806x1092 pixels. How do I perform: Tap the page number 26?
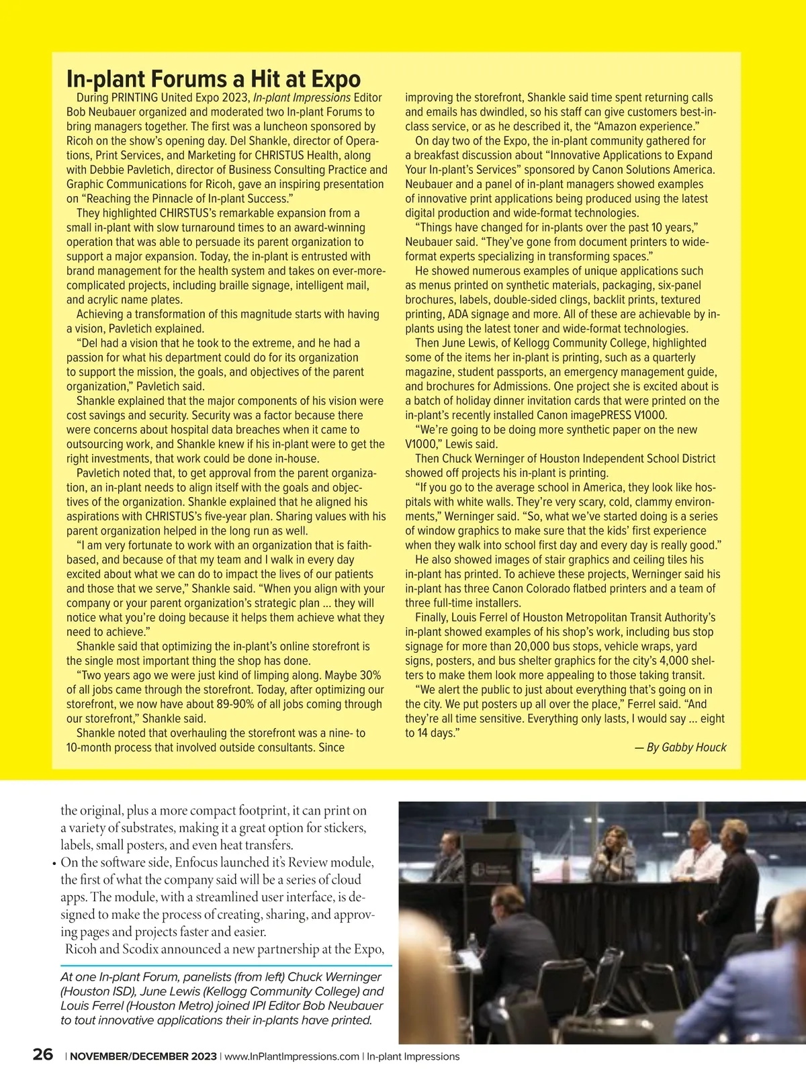pyautogui.click(x=43, y=1055)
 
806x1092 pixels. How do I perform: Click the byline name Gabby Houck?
pyautogui.click(x=694, y=747)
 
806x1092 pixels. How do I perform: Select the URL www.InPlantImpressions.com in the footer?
pyautogui.click(x=291, y=1056)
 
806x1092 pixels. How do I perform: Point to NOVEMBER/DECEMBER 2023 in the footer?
pyautogui.click(x=143, y=1056)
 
